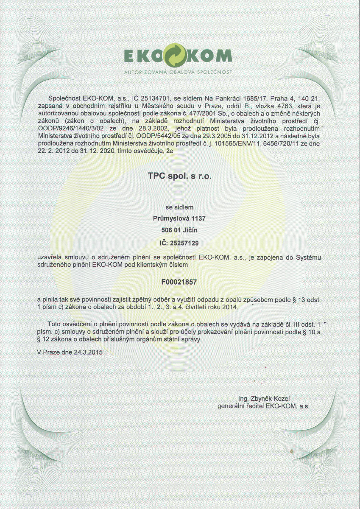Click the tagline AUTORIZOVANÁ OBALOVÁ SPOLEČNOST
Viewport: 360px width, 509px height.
pos(178,72)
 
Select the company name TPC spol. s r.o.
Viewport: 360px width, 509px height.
pos(179,176)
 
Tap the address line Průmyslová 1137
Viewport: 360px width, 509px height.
pos(179,219)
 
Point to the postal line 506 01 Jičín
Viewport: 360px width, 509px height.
pos(179,230)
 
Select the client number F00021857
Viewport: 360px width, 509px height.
pos(179,282)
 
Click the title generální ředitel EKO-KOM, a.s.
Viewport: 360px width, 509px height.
pos(264,406)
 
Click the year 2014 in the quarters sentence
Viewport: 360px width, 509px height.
pos(231,307)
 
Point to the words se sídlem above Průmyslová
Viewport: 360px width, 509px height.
pos(179,207)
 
